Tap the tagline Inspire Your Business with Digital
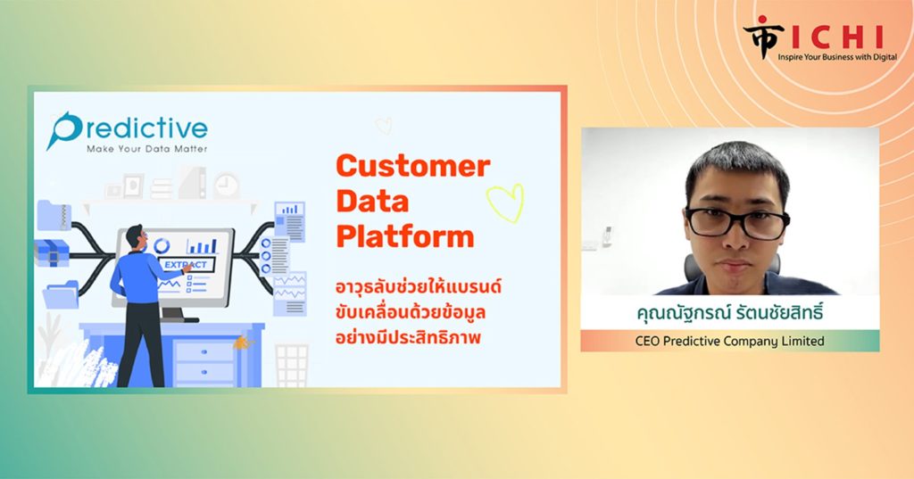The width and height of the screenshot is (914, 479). point(837,57)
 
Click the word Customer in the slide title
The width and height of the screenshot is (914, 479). point(412,166)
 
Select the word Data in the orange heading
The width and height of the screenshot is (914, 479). point(372,202)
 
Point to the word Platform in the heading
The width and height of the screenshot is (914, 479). point(405,237)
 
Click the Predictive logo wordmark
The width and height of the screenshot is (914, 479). point(128,128)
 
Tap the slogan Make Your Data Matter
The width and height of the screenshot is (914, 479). point(147,149)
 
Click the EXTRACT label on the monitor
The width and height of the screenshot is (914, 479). point(186,265)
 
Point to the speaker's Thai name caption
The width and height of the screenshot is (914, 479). point(730,313)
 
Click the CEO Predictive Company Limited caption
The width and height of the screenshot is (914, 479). point(730,341)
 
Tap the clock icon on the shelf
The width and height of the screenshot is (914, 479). point(226,186)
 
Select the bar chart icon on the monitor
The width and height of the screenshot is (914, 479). point(203,245)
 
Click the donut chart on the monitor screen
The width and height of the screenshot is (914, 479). point(162,245)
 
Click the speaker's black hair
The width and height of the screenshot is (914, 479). point(738,167)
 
